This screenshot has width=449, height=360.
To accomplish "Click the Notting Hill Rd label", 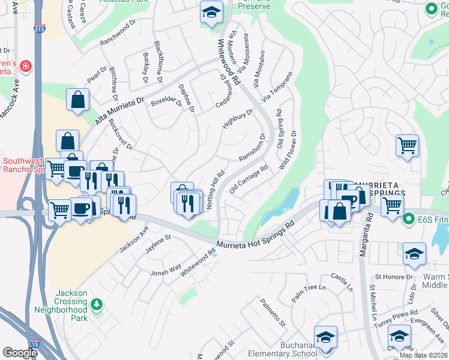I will point(215,190).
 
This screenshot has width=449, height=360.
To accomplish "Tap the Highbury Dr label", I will point(238,118).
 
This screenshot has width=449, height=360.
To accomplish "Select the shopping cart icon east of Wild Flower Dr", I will point(407,145).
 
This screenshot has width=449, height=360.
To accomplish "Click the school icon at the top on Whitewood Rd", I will point(211,13).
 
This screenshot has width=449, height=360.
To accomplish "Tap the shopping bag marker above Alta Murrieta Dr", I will point(78,100).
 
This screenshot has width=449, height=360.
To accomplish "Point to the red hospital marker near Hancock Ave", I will point(25,65).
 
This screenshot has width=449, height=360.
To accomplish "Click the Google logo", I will point(20,353).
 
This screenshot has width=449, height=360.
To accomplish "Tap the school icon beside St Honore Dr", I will point(414,254).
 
